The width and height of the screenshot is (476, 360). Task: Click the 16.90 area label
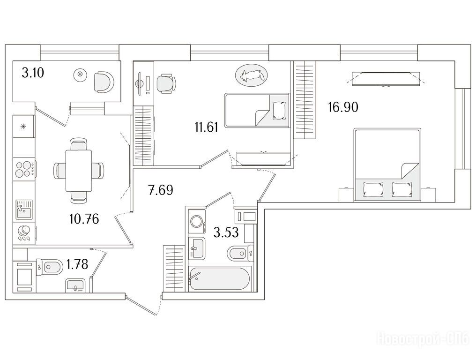[x=343, y=107]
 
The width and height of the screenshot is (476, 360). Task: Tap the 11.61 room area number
[x=207, y=127]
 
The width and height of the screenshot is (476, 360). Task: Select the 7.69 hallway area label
[x=160, y=190]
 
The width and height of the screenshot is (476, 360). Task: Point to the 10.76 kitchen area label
[x=84, y=219]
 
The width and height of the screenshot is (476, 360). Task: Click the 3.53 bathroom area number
[x=226, y=232]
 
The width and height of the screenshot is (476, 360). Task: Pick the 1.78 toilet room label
[x=77, y=264]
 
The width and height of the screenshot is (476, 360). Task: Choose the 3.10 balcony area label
[x=33, y=73]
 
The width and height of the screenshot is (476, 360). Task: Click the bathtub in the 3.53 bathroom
[x=219, y=279]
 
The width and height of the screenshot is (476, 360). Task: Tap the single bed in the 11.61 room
[x=257, y=110]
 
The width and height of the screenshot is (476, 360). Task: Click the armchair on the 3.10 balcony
[x=103, y=82]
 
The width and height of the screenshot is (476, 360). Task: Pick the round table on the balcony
[x=80, y=74]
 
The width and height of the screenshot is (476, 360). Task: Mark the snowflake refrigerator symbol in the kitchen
[x=23, y=127]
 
